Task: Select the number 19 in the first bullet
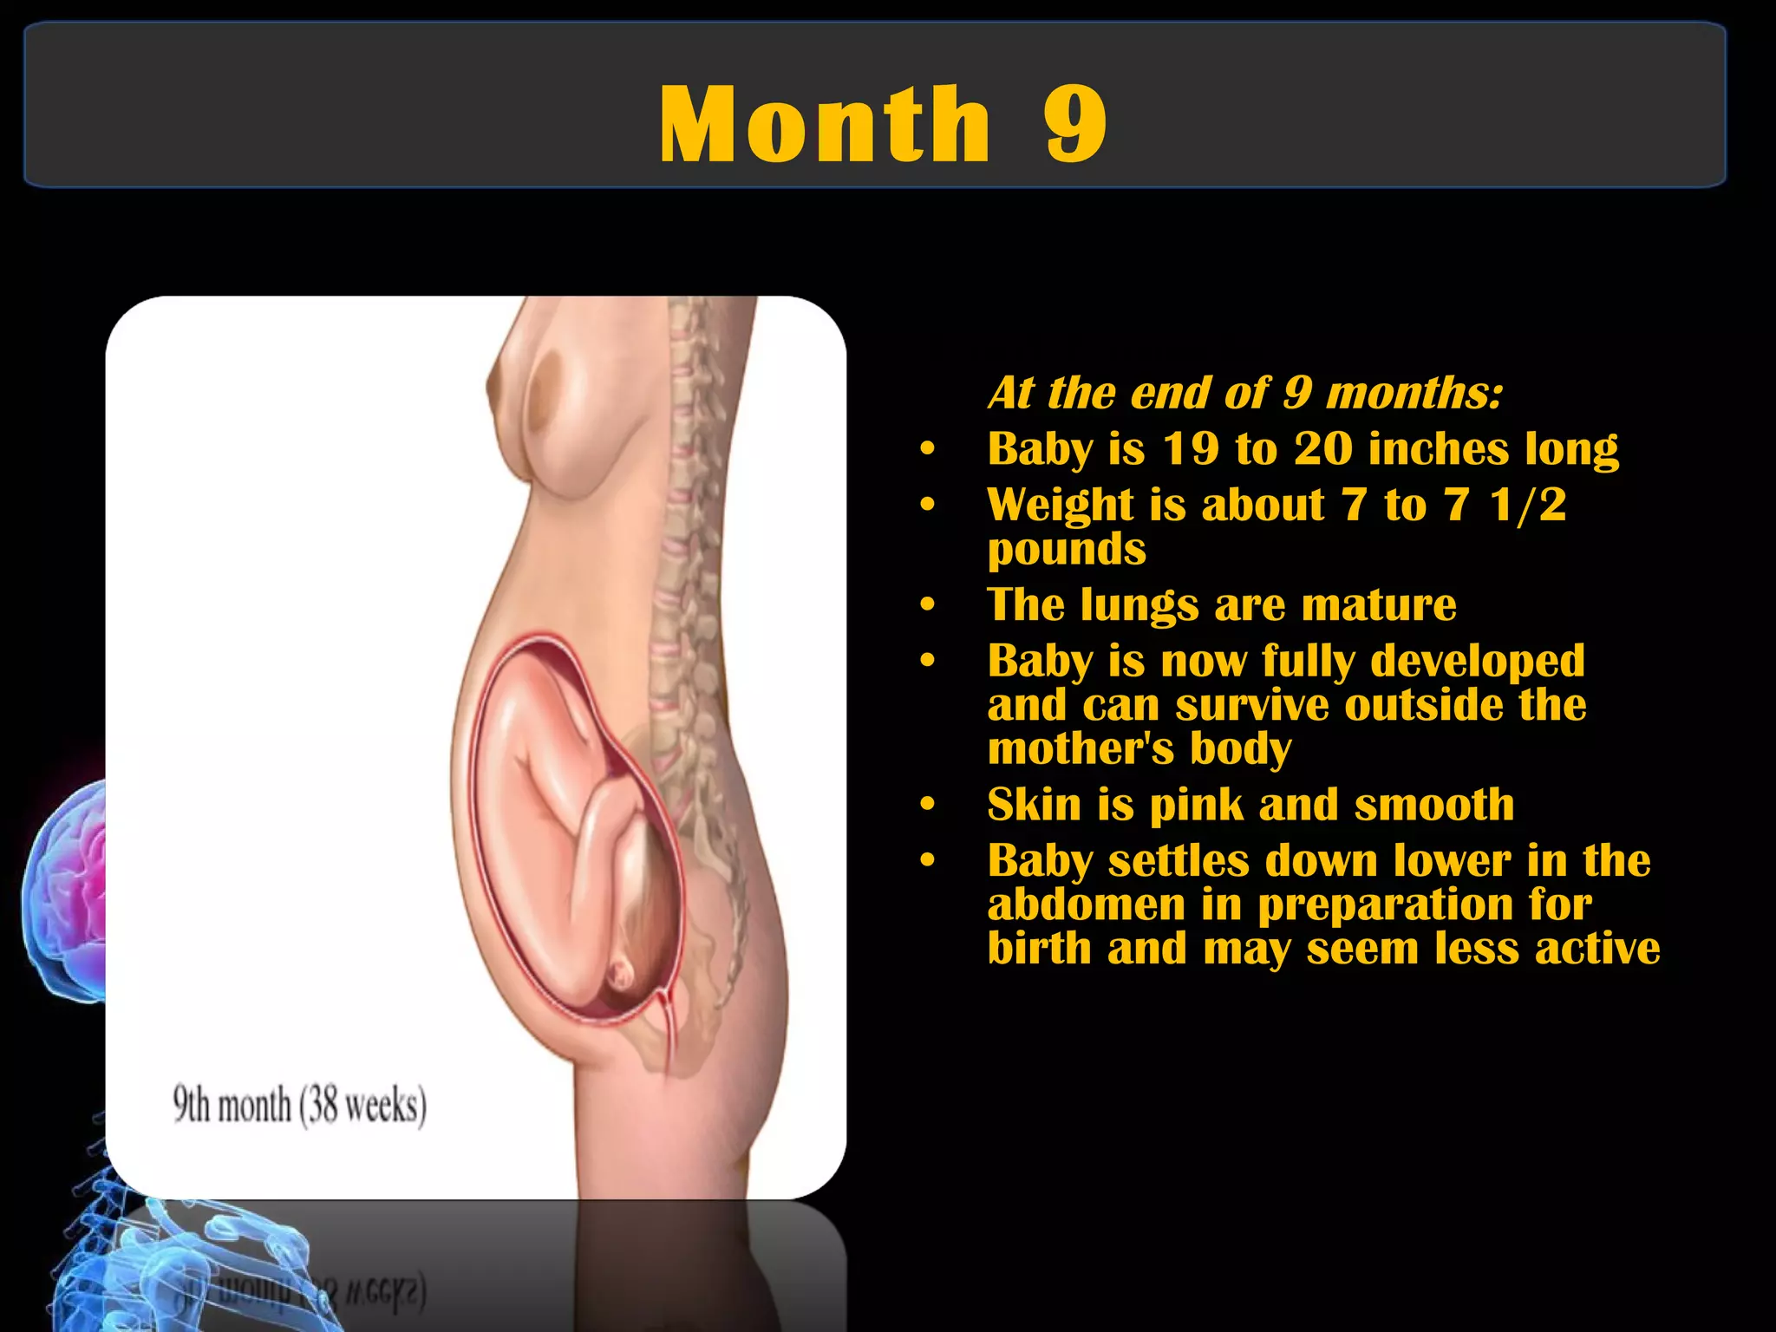[x=1191, y=449]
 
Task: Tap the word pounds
[x=1067, y=550]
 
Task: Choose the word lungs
[x=1139, y=605]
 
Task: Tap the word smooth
[x=1434, y=805]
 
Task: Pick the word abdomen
[x=1086, y=904]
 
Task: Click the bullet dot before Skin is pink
[x=928, y=805]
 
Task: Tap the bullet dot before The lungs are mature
[x=928, y=604]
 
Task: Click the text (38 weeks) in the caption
[x=363, y=1106]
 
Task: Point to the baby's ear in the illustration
[x=621, y=976]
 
